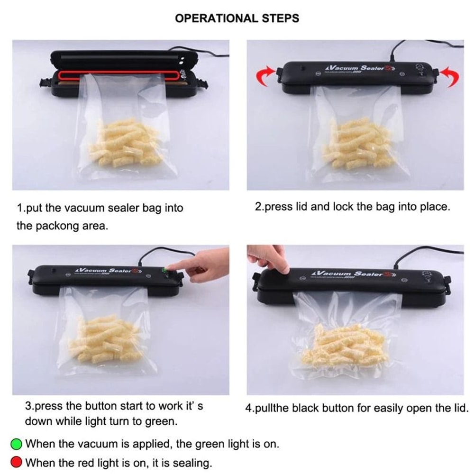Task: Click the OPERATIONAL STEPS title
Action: coord(237,18)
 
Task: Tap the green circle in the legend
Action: coord(17,444)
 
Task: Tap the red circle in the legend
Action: coord(17,462)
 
